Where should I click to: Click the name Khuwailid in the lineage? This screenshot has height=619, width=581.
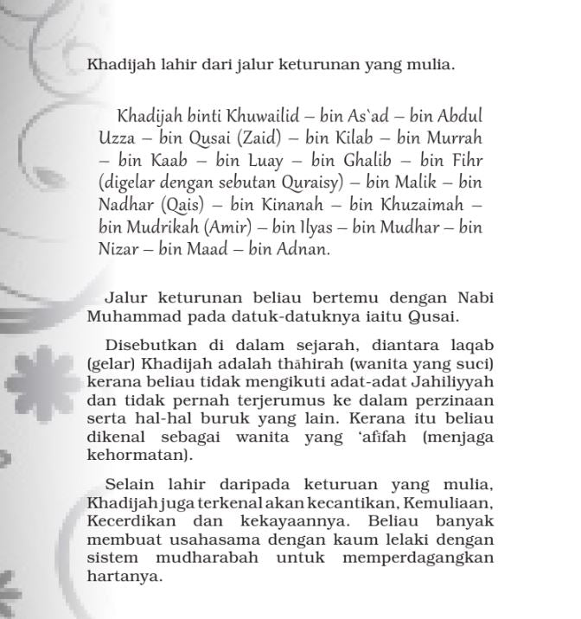[x=260, y=116]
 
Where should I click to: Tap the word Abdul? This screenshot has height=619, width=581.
[x=459, y=116]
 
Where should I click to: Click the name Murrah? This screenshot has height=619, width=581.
[x=453, y=138]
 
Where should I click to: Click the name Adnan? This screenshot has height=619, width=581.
[x=303, y=251]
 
